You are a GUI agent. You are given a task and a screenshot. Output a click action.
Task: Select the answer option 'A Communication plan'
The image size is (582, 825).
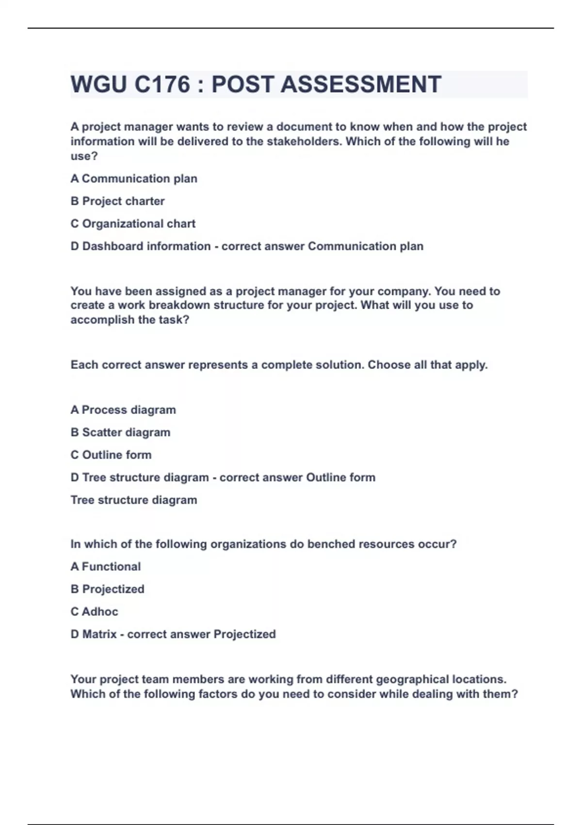click(x=134, y=179)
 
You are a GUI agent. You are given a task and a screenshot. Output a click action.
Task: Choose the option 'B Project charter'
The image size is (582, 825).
click(x=117, y=201)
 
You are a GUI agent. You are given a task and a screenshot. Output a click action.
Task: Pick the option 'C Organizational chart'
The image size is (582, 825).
click(x=133, y=224)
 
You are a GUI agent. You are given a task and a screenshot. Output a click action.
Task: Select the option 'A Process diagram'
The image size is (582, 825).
click(x=123, y=410)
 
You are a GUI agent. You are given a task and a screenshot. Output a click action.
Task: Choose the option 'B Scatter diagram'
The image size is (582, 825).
click(x=120, y=432)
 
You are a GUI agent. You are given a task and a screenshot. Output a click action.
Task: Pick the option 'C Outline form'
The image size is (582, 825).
click(x=111, y=455)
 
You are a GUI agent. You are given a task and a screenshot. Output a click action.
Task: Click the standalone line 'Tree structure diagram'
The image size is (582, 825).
click(x=134, y=500)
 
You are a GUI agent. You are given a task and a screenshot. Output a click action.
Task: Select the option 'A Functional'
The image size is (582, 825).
click(x=106, y=566)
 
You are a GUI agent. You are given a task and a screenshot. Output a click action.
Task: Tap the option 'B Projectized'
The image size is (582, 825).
click(x=108, y=589)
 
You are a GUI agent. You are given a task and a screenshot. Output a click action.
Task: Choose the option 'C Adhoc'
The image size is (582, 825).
click(x=94, y=611)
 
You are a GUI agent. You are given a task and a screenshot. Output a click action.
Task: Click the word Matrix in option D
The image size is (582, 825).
click(x=99, y=634)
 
